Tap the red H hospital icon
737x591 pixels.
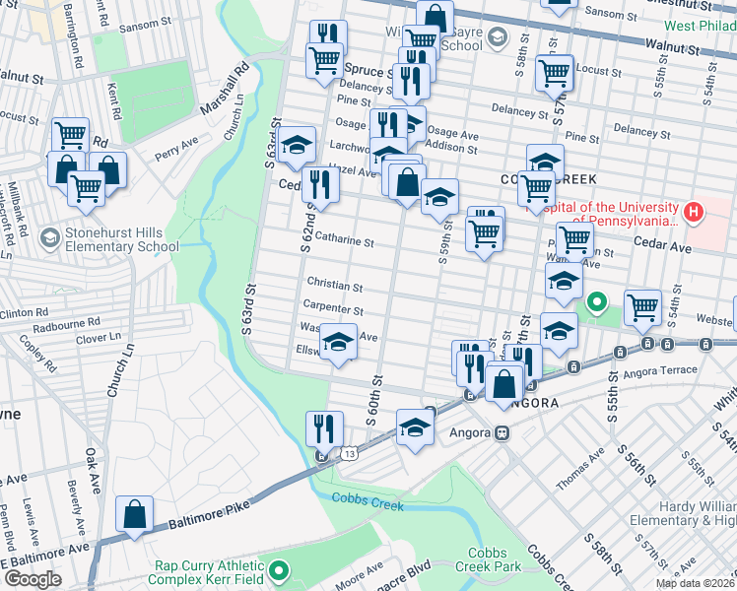click(x=694, y=211)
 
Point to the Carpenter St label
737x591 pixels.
click(x=334, y=309)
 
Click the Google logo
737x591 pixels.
click(x=33, y=578)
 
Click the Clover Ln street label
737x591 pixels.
click(x=97, y=338)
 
